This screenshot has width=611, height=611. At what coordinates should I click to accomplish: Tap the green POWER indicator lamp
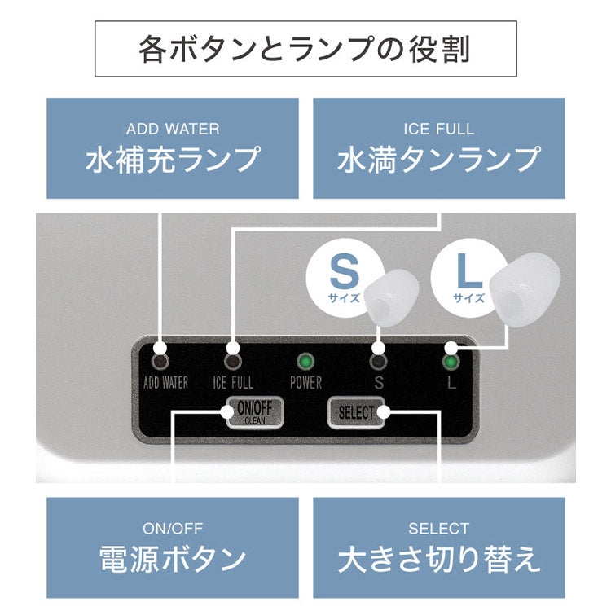(x=305, y=361)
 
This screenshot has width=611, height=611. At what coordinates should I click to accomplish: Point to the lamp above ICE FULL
(x=234, y=361)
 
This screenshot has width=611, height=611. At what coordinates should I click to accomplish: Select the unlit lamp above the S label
(x=377, y=361)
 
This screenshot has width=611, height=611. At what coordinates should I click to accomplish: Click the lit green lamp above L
(x=449, y=361)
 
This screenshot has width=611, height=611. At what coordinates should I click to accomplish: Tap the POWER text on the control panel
(x=305, y=382)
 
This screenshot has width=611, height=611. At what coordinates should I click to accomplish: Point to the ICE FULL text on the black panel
(x=233, y=382)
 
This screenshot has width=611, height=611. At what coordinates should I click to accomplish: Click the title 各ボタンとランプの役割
(x=305, y=49)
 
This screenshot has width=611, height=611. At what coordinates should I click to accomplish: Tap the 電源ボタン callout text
(x=173, y=559)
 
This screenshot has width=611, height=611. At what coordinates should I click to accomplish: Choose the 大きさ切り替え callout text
(x=438, y=559)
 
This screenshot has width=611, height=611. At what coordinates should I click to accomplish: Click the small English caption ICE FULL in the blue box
(x=438, y=129)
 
